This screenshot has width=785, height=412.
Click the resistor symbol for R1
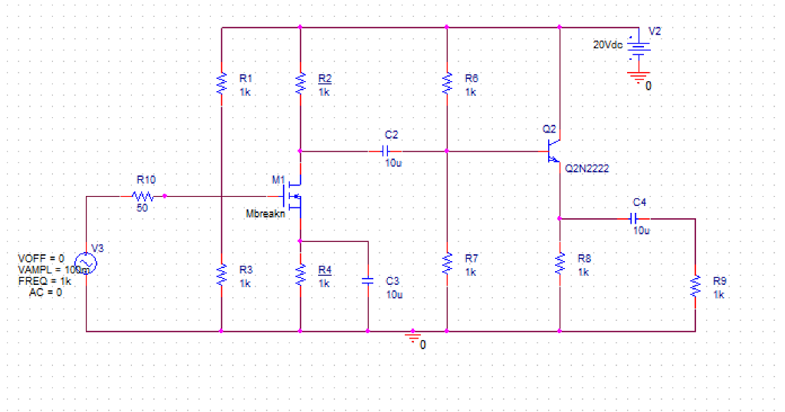click(x=222, y=83)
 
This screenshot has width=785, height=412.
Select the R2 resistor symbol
click(x=301, y=83)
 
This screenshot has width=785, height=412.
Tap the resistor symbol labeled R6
click(x=447, y=83)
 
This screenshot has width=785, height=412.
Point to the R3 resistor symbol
click(x=222, y=274)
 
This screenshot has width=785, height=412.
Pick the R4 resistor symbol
click(x=301, y=274)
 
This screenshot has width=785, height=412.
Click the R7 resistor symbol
click(x=447, y=263)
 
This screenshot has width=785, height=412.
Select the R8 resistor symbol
click(x=560, y=263)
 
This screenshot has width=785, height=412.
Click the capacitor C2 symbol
click(x=389, y=151)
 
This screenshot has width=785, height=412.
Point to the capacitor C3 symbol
click(x=368, y=280)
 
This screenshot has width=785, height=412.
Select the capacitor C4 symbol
click(x=639, y=218)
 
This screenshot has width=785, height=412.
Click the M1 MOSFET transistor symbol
click(x=294, y=195)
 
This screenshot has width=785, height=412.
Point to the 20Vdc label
click(x=608, y=44)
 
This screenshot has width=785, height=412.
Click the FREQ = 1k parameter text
click(x=44, y=281)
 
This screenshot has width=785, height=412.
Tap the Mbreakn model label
click(x=264, y=214)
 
